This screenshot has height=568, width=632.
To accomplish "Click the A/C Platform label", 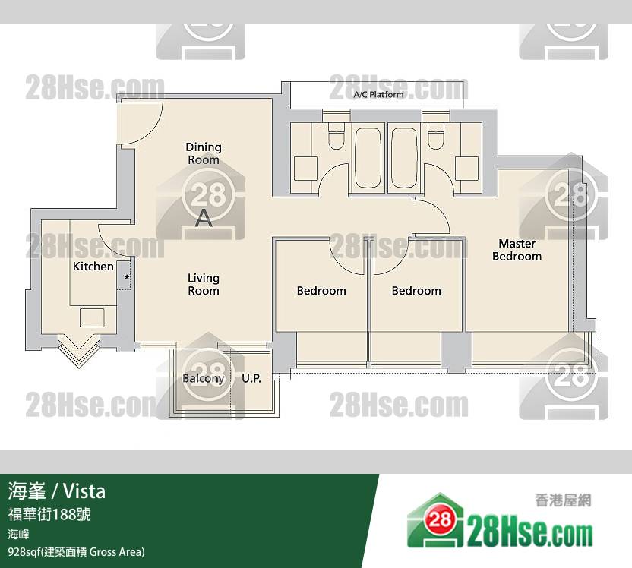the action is (378, 95).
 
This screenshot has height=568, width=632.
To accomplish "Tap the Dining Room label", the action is (204, 153).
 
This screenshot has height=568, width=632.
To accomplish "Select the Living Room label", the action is (204, 284).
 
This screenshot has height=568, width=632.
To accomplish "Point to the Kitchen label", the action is (93, 267).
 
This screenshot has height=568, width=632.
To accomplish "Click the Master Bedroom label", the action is (517, 250).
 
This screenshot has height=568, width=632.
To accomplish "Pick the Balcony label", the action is (203, 378).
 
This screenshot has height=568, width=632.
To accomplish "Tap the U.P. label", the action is (251, 378).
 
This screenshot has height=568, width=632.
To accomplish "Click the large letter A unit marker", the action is (204, 218).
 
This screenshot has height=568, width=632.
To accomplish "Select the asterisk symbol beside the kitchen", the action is (127, 277).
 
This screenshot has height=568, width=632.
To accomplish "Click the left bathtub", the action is (368, 158).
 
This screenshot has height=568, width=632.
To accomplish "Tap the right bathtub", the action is (404, 158).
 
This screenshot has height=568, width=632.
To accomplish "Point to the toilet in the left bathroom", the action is (337, 136).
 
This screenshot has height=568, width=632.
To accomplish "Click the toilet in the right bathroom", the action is (436, 136).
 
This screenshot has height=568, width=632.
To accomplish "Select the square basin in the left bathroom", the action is (305, 169).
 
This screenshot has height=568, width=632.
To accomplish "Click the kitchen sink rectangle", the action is (92, 317).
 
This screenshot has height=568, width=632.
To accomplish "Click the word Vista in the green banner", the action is (84, 491).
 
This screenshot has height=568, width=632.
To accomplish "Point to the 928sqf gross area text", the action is (76, 551).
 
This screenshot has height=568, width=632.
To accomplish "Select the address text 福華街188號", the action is (49, 514).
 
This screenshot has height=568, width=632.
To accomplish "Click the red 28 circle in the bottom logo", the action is (439, 519).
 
